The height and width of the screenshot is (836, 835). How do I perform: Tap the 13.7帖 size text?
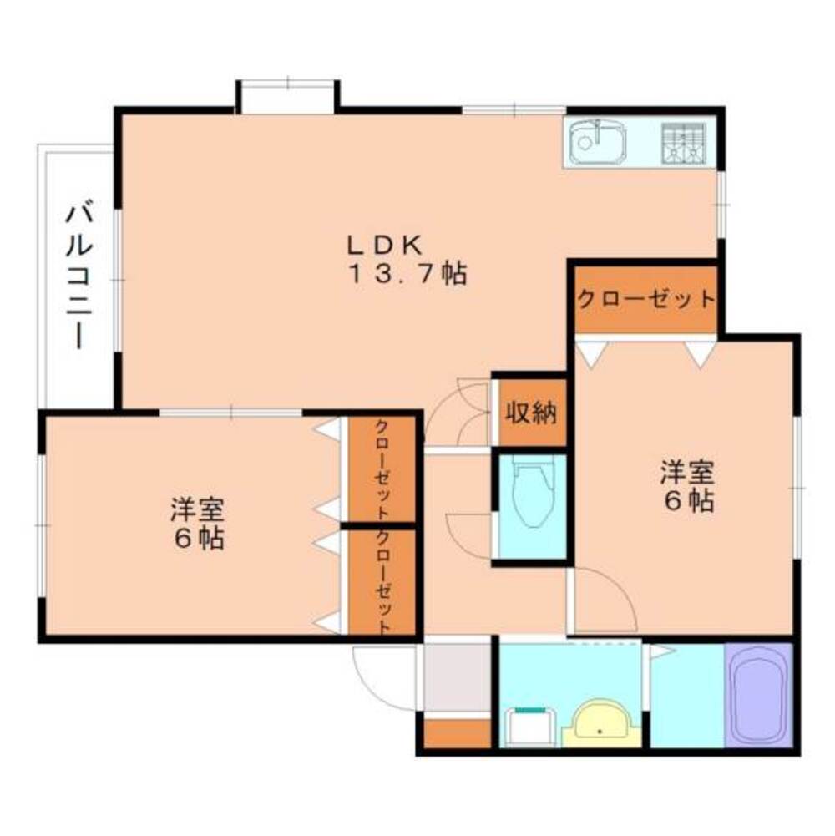pos(407,274)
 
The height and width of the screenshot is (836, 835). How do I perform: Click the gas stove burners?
pos(684,142)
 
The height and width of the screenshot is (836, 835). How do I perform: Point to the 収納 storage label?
pos(530,413)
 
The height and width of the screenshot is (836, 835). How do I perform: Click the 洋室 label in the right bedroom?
pos(687,473)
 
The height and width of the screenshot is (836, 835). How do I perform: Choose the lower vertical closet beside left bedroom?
pos(382,581)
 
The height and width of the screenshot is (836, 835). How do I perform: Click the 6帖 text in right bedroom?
pos(687,501)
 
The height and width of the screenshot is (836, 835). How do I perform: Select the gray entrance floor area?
pos(457,677)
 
